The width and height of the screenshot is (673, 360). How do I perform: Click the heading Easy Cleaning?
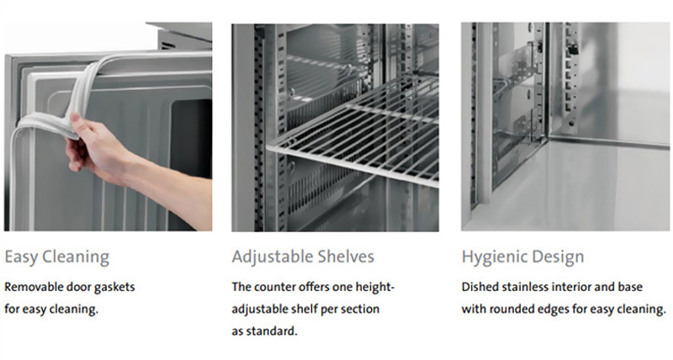click(x=56, y=257)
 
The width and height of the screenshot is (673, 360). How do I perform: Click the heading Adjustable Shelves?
click(x=303, y=257)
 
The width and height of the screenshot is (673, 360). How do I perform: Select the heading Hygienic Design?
click(x=522, y=257)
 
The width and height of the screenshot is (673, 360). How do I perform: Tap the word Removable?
click(x=34, y=287)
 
